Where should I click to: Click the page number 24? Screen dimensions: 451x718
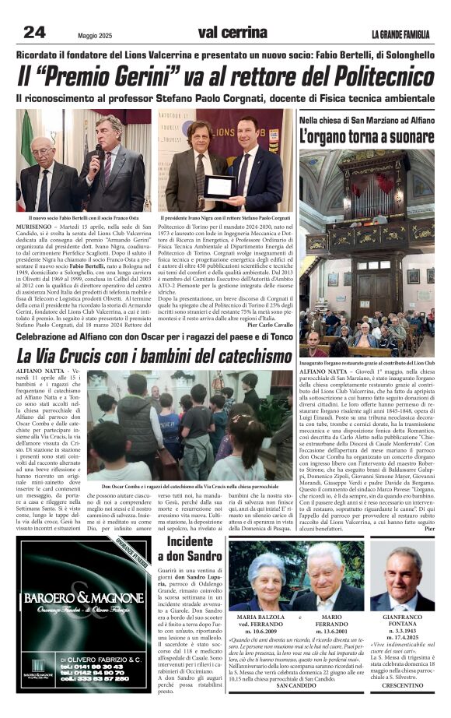(x=35, y=32)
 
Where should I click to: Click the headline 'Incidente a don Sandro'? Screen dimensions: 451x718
(x=189, y=548)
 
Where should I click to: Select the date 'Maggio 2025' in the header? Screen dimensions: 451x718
(x=98, y=34)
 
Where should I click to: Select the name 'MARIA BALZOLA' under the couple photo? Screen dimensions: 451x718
(x=260, y=617)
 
